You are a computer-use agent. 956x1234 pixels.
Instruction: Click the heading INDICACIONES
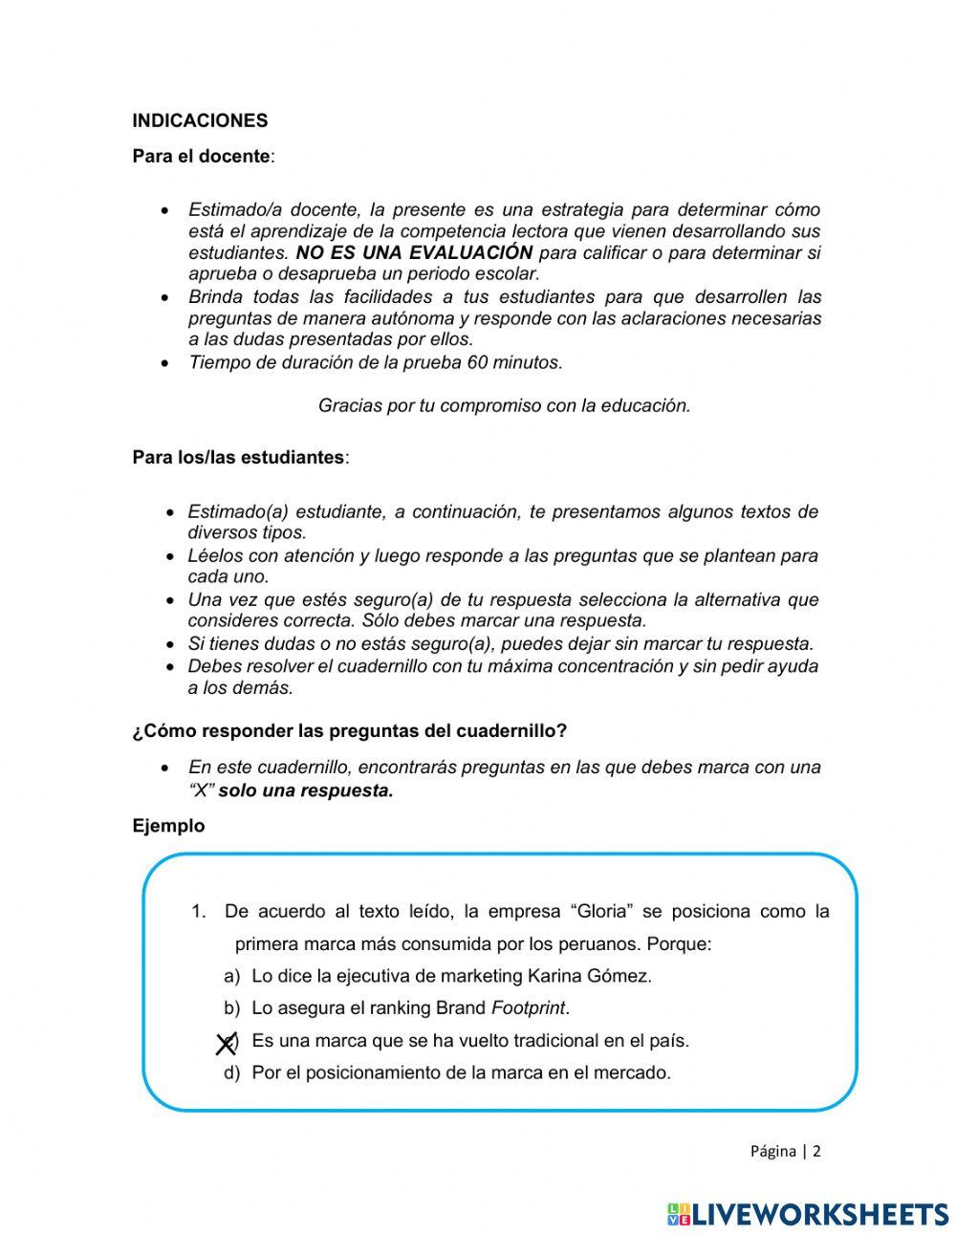coord(200,120)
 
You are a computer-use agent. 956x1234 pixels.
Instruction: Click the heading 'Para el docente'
coord(202,156)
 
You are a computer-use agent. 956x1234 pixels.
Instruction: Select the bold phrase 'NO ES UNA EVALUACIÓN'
coord(414,253)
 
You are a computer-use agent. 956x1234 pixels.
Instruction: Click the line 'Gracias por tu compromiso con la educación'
coord(504,405)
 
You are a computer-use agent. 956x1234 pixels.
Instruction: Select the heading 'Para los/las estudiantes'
coord(239,457)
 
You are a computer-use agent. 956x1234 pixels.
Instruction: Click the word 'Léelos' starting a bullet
coord(215,555)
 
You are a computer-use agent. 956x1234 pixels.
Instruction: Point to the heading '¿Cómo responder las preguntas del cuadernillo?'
coord(349,731)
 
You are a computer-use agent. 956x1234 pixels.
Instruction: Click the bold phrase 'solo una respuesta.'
coord(306,790)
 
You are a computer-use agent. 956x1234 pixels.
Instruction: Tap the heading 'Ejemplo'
coord(168,826)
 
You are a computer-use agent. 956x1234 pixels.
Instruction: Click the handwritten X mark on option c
coord(226,1044)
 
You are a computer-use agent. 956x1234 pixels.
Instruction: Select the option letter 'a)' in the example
coord(231,976)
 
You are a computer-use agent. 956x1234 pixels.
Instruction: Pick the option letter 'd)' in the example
coord(231,1072)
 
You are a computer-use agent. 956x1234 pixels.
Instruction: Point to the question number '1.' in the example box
coord(199,911)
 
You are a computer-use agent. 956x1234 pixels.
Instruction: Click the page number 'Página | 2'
coord(785,1151)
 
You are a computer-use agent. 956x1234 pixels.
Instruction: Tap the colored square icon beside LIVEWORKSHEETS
coord(679,1214)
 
